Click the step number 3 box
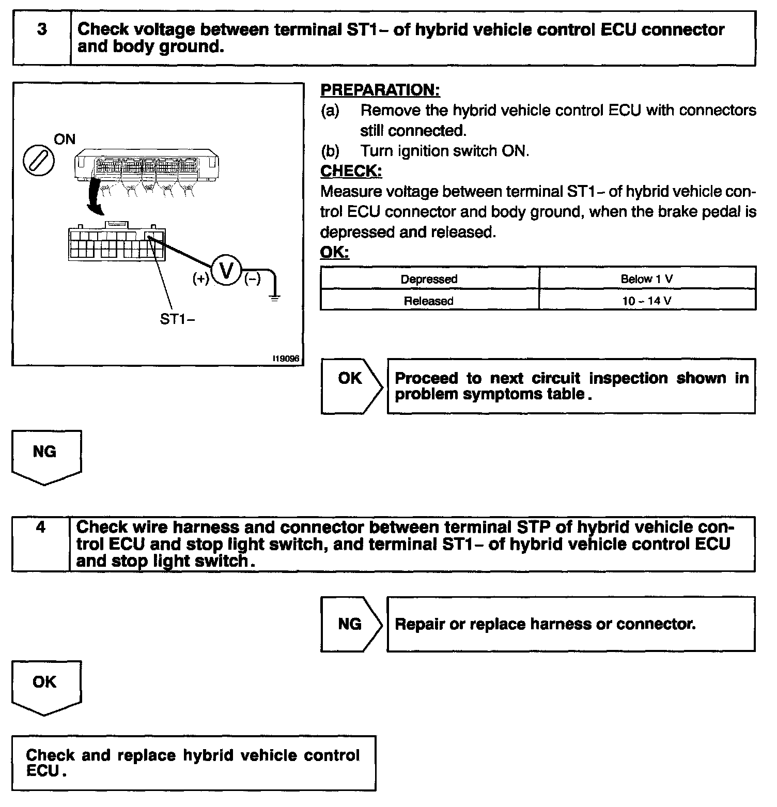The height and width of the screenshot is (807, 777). click(42, 38)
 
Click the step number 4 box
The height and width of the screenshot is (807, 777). click(41, 544)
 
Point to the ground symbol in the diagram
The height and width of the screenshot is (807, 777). click(275, 297)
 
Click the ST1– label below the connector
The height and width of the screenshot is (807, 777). click(177, 319)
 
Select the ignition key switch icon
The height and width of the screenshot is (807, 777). click(39, 161)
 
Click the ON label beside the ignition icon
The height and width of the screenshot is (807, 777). click(65, 139)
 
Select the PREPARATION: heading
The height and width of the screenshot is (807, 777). click(380, 90)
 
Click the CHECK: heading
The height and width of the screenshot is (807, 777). click(351, 171)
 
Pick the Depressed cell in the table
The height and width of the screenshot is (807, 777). click(429, 279)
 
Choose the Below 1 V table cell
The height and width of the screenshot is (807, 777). click(647, 279)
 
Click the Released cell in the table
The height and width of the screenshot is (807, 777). click(429, 301)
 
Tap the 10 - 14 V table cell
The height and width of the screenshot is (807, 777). click(647, 301)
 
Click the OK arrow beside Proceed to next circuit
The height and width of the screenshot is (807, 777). click(351, 386)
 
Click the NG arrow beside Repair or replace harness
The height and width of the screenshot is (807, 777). click(351, 624)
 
